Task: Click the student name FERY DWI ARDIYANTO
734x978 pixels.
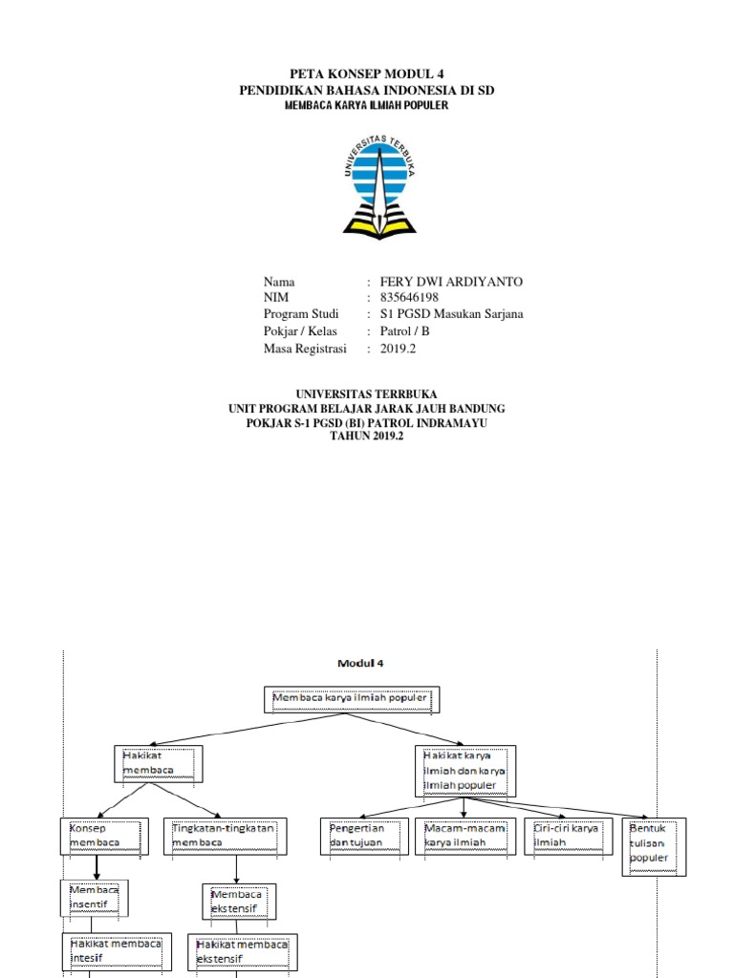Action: [x=451, y=282]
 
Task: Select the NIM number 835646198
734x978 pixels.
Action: [x=409, y=298]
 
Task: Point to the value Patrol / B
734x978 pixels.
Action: [x=404, y=331]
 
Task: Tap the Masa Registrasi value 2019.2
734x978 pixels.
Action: [x=398, y=349]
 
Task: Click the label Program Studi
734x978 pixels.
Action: [x=301, y=313]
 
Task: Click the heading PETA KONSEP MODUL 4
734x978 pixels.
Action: [x=367, y=74]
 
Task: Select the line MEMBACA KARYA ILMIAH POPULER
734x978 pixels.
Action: [x=366, y=105]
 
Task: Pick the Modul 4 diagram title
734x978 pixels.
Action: [x=360, y=663]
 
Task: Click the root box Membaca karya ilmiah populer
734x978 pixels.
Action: [x=352, y=699]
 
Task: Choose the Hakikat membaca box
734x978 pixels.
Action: [x=159, y=763]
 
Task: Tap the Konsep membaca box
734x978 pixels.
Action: [x=105, y=836]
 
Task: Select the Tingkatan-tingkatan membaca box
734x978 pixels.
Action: [x=226, y=836]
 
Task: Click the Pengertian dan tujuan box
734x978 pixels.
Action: [x=364, y=836]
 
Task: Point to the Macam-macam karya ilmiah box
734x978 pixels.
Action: [x=465, y=836]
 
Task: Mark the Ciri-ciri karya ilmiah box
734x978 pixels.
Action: [x=569, y=836]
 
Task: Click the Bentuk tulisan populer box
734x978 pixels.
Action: [x=654, y=846]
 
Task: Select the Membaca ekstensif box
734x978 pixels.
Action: [x=239, y=902]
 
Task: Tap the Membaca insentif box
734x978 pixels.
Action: [x=95, y=898]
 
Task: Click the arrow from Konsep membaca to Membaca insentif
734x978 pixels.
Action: [x=97, y=867]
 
